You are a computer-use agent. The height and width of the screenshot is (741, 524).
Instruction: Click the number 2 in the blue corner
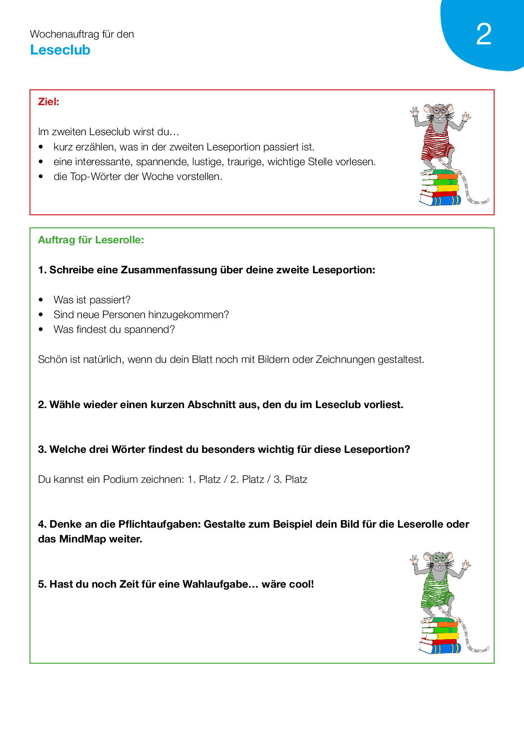484,34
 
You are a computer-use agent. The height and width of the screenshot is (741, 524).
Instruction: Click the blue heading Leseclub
60,50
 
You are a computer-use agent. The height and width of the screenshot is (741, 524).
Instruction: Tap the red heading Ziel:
49,102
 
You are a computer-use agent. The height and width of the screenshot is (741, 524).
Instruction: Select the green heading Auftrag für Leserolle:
91,240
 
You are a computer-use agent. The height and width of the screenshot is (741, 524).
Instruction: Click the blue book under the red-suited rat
442,200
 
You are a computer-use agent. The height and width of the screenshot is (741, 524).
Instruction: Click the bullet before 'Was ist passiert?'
41,300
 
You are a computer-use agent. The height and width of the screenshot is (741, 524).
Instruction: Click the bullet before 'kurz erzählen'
41,147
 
